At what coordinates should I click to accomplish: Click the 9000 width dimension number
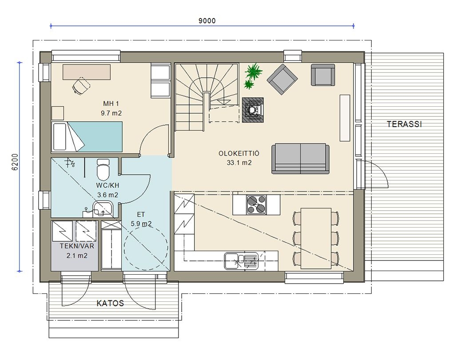click(207, 21)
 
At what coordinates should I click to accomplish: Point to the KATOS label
click(110, 303)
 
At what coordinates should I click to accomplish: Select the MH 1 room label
click(111, 104)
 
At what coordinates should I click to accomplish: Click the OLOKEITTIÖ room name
click(239, 153)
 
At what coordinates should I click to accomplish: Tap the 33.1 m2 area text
click(239, 163)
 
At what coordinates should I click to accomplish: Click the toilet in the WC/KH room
click(103, 169)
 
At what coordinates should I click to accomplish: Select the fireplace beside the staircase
click(253, 110)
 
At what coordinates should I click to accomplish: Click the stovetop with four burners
click(256, 205)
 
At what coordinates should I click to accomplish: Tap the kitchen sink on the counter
click(241, 261)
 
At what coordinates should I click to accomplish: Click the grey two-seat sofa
click(300, 159)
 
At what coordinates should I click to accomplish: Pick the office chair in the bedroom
click(81, 85)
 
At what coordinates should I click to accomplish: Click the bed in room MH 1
click(87, 137)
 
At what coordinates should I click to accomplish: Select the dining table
click(316, 238)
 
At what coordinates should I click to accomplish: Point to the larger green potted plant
click(253, 71)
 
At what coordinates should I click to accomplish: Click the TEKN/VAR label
click(77, 246)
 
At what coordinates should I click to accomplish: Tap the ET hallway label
click(141, 215)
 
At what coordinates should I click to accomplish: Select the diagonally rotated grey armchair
click(282, 80)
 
